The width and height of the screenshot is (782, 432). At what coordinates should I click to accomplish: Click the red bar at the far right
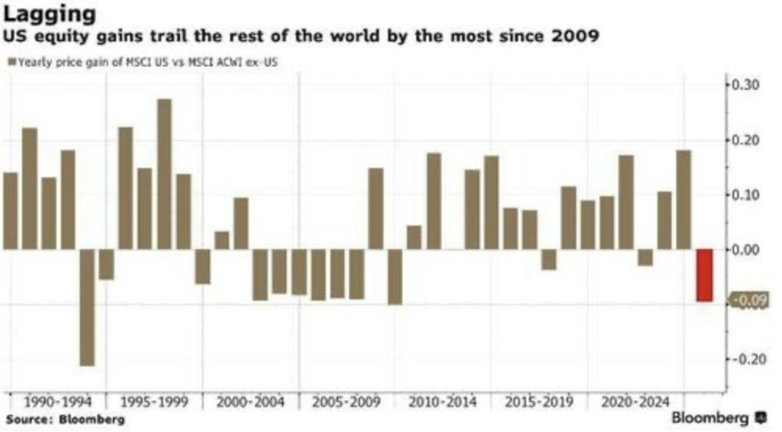pos(704,275)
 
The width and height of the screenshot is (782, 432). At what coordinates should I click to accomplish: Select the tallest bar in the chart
pos(164,174)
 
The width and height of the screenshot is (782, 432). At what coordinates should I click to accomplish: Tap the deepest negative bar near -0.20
pos(86,307)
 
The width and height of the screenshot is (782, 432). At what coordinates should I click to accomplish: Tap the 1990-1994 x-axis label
pos(56,402)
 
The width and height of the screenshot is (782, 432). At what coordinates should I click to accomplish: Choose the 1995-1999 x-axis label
pos(152,402)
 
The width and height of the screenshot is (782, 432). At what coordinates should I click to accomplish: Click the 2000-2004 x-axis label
pos(250,402)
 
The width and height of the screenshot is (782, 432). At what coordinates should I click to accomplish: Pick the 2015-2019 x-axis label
pos(539,402)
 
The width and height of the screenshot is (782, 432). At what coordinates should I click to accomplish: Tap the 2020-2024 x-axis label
pos(635,402)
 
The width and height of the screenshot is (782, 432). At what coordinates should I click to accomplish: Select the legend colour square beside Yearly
pos(11,63)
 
